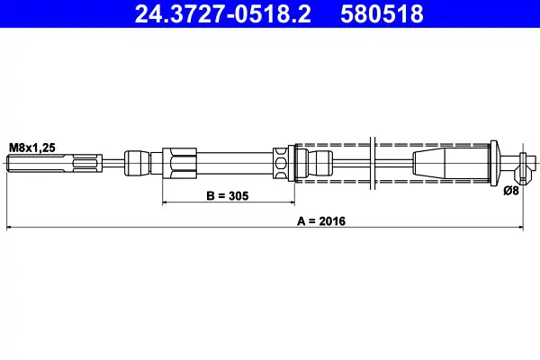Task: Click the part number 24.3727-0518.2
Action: pos(223,13)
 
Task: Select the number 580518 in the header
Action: pos(382,13)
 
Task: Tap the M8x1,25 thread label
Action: pos(32,148)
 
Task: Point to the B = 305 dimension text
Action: pos(228,195)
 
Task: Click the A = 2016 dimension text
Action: pos(321,220)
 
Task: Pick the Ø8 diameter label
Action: pos(510,190)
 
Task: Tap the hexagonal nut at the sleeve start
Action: pos(179,163)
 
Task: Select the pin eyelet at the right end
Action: pos(523,167)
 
